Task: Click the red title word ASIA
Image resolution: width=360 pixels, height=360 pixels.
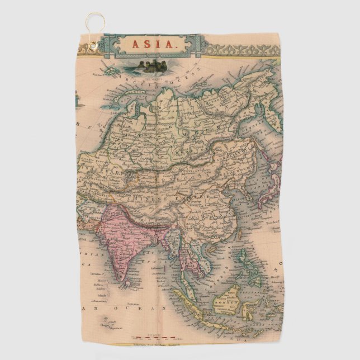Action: [x=151, y=44]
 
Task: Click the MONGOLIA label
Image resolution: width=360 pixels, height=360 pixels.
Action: [x=190, y=168]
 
